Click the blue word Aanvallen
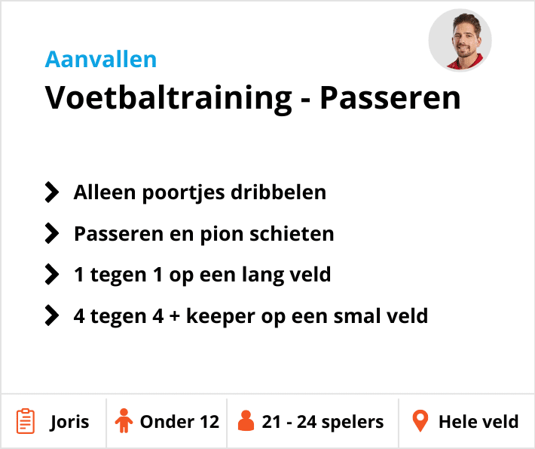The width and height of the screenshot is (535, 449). pos(101,59)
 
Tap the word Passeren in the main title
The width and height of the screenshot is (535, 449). pos(390,98)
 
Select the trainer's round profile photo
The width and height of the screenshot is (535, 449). pos(460,41)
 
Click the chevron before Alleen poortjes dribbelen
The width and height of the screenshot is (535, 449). pos(52,192)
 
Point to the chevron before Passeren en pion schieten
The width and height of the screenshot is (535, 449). pos(52,233)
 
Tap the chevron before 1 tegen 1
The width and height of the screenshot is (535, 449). pos(52,274)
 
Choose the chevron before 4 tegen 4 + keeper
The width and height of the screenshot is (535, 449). pos(52,315)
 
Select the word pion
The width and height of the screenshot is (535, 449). pos(229,233)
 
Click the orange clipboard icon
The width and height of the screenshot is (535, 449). pos(26,421)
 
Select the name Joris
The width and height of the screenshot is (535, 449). pos(69,421)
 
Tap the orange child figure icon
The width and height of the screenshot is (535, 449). pos(124,421)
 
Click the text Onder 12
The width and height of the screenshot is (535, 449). pos(179,421)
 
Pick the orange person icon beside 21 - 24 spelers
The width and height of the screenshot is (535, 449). pos(246,421)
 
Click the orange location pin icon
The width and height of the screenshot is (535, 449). pos(420,421)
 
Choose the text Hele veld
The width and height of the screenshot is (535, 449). pos(478,421)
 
